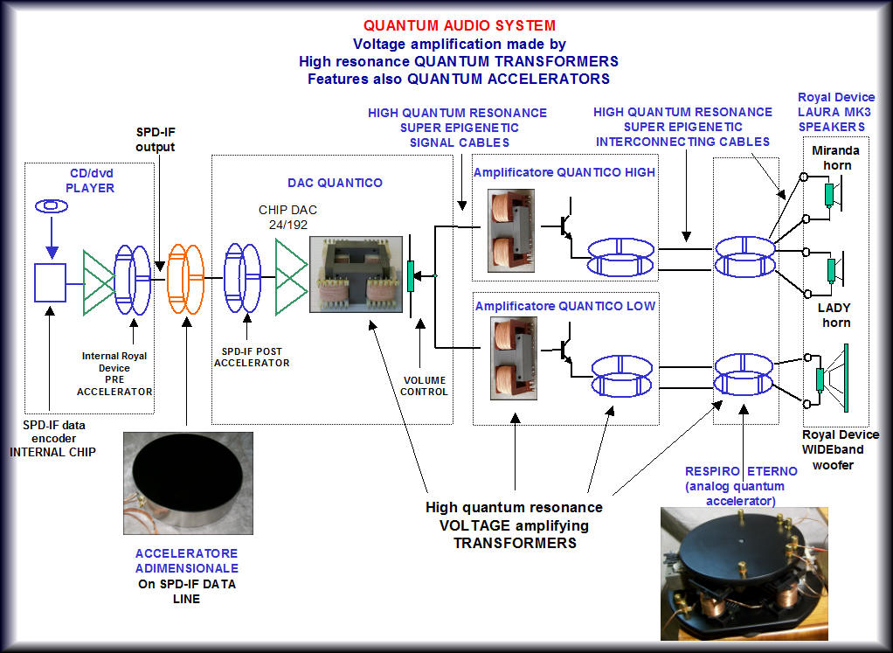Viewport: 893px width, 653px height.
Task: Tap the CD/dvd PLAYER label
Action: [91, 180]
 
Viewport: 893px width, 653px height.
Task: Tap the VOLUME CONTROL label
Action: [425, 386]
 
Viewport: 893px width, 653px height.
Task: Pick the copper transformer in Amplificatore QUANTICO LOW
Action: [510, 351]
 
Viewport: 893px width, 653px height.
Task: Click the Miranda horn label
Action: [835, 157]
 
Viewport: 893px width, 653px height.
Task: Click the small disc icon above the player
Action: [50, 206]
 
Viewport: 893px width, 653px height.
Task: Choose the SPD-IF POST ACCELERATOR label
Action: [252, 357]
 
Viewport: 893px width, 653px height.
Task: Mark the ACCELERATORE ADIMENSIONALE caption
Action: [186, 560]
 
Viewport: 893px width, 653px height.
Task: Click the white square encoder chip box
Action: [51, 280]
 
